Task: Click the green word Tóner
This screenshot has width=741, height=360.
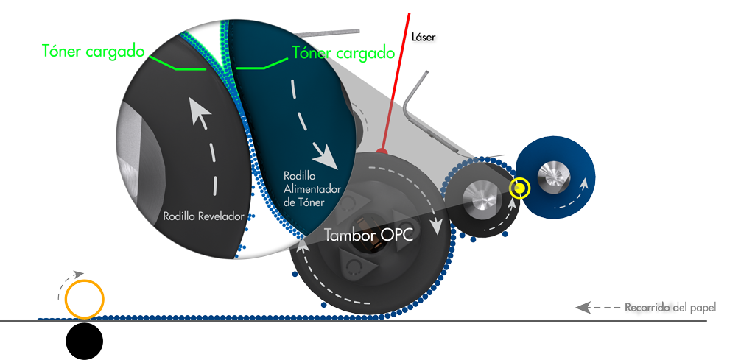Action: pos(308,52)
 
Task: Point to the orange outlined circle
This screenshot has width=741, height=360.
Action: pos(84,299)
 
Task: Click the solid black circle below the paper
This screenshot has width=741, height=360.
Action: pos(84,341)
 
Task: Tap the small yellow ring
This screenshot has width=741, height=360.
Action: pos(520,188)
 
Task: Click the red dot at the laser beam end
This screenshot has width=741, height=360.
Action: pos(381,151)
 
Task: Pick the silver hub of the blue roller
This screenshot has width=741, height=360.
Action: pos(553,173)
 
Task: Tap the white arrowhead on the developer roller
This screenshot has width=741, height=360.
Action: pos(198,111)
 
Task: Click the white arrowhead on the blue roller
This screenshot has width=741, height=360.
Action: pos(583,177)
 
